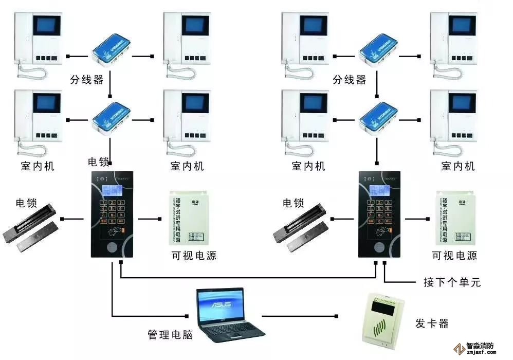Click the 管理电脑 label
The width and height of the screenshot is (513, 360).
(170, 335)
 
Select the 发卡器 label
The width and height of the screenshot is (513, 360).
(432, 323)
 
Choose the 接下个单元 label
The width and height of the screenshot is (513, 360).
(452, 282)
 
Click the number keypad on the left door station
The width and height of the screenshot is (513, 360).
(113, 211)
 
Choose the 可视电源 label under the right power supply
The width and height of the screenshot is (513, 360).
(454, 256)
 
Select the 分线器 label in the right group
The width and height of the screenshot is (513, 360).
(350, 80)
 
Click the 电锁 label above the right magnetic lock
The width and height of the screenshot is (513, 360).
(294, 203)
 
